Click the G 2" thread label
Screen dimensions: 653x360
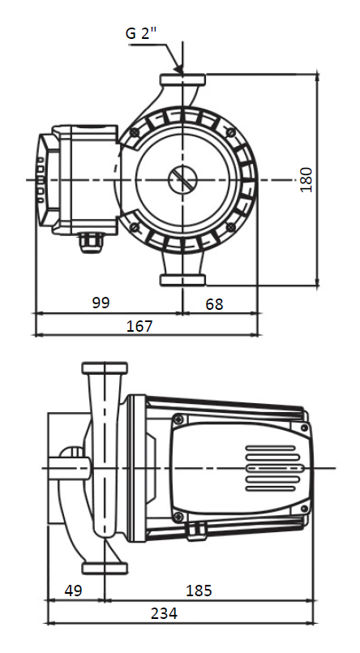tap(142, 34)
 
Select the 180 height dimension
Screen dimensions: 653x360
tap(306, 178)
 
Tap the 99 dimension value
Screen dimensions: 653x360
tap(101, 303)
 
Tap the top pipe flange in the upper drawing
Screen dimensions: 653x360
tap(182, 80)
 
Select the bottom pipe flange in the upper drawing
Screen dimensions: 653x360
tap(182, 280)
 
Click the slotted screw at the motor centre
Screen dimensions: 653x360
tap(182, 179)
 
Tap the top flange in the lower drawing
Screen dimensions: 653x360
tap(105, 369)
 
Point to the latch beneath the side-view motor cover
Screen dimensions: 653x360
tap(195, 531)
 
